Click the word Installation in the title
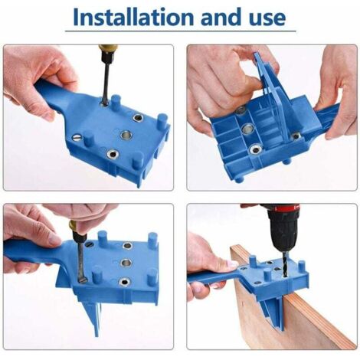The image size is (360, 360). (x=133, y=17)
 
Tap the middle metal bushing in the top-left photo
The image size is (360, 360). (x=126, y=134)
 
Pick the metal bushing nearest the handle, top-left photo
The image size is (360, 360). (x=138, y=118)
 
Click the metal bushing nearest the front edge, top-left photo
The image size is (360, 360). (x=112, y=153)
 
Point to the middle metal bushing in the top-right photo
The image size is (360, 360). (x=247, y=128)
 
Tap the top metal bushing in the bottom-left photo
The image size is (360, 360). (x=127, y=246)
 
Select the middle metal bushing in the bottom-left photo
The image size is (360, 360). (x=126, y=263)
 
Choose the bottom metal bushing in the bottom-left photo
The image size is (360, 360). (x=124, y=282)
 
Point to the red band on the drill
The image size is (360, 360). (x=283, y=208)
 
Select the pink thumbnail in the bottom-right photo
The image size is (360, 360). (x=233, y=263)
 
